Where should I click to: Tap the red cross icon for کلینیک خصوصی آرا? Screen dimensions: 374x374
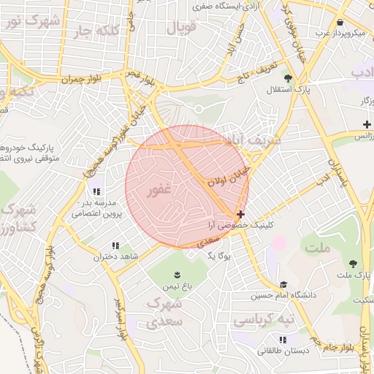click(x=240, y=214)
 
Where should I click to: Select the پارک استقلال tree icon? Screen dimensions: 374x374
click(x=289, y=77)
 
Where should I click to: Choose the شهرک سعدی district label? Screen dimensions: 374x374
click(x=164, y=311)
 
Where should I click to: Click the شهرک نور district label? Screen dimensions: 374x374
click(x=34, y=22)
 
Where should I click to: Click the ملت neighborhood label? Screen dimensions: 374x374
click(x=319, y=248)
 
